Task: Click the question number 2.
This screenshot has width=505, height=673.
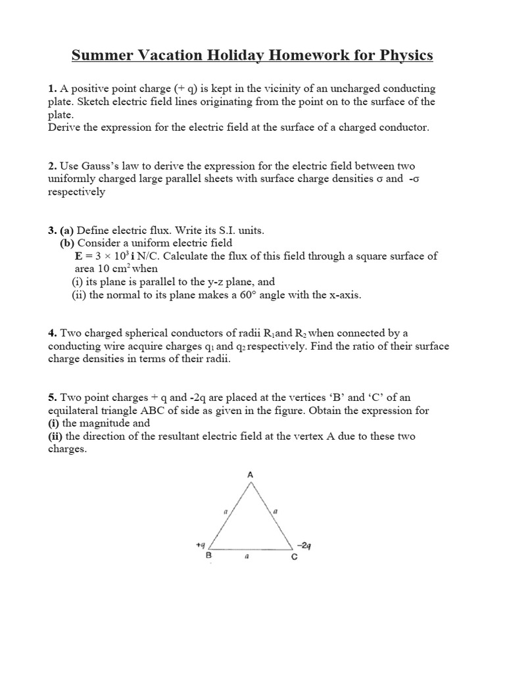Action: click(x=51, y=166)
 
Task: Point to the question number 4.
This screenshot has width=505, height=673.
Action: click(x=51, y=333)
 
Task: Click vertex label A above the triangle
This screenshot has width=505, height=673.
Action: click(x=250, y=474)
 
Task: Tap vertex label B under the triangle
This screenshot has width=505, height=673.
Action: click(x=209, y=556)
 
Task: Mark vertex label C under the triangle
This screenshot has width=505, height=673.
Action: click(x=294, y=556)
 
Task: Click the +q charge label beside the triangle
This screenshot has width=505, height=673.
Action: click(x=201, y=545)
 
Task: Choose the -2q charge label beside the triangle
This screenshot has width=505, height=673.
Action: click(x=304, y=545)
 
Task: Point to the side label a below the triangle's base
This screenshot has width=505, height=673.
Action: click(x=245, y=556)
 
